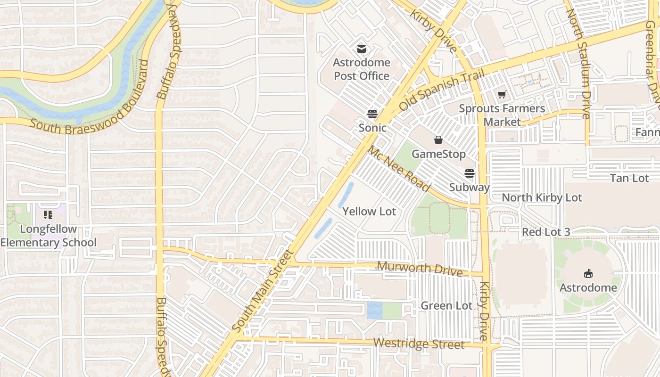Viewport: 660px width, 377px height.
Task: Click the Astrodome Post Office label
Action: pos(362,69)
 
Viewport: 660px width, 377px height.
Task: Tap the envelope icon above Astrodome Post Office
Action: pos(362,49)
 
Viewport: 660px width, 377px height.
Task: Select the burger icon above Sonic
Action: pos(372,114)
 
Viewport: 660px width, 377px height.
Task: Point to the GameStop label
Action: pos(438,154)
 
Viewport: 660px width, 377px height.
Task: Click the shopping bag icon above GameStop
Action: pos(438,140)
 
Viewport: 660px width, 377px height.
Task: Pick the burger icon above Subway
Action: pos(470,173)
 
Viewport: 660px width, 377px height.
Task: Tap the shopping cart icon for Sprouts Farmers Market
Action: pos(502,95)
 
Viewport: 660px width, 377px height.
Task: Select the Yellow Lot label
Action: pos(369,212)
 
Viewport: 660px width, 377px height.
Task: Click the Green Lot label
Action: pos(446,306)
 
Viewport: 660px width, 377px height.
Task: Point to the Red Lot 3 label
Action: pos(546,232)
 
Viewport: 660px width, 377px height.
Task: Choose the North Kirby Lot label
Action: pos(542,197)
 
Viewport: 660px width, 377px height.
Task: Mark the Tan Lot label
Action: pos(629,178)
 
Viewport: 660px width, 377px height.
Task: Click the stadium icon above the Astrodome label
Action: pos(588,273)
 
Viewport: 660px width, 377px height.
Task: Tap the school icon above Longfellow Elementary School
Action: pos(48,215)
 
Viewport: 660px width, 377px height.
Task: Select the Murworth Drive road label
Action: pos(420,268)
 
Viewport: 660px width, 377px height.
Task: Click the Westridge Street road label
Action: pos(419,344)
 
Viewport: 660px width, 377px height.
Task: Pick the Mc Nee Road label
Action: pos(399,169)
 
